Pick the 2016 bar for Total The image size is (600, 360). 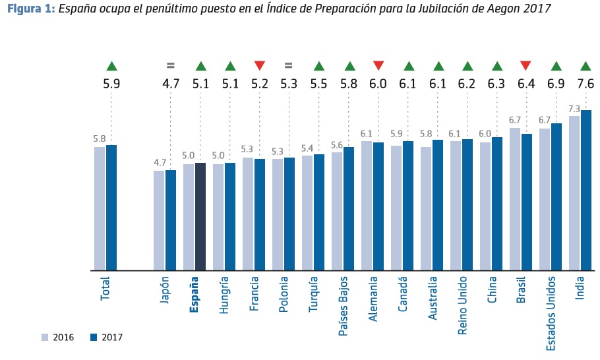click(x=100, y=208)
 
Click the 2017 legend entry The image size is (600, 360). click(x=105, y=338)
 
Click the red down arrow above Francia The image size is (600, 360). click(x=260, y=65)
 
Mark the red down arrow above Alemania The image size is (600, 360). click(x=378, y=65)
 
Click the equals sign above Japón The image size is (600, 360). click(x=171, y=65)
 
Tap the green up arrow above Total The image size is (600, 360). click(x=111, y=65)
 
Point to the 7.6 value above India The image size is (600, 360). click(x=585, y=84)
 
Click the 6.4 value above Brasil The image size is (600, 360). click(x=525, y=84)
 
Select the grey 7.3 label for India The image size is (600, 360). click(x=574, y=109)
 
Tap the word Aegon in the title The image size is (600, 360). click(x=507, y=9)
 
